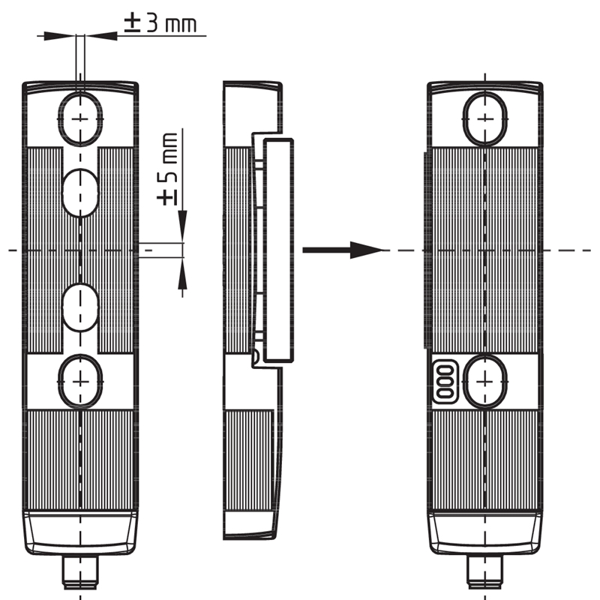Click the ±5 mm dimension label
point(169,169)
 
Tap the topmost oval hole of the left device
point(80,118)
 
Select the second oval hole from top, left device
point(80,192)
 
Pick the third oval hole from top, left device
point(80,307)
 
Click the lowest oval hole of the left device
point(80,381)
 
